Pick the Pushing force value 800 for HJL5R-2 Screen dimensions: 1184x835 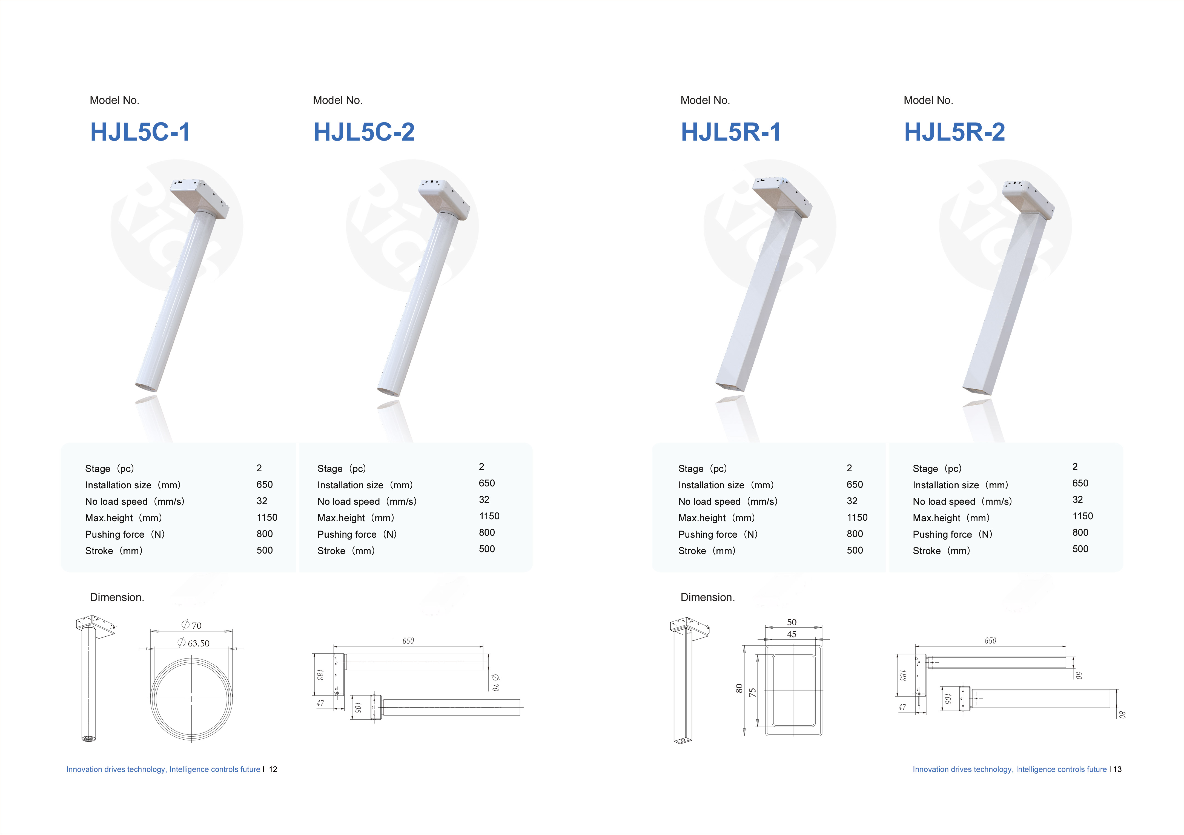pyautogui.click(x=1080, y=532)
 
